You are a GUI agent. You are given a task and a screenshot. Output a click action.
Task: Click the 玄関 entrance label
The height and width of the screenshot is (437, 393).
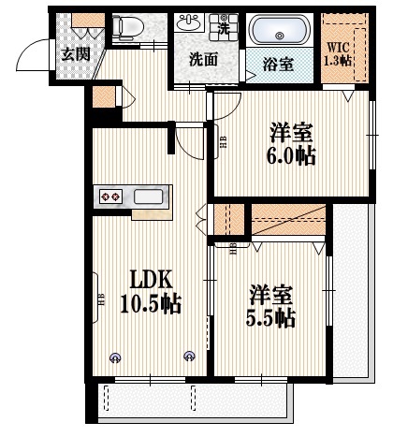pyautogui.click(x=76, y=52)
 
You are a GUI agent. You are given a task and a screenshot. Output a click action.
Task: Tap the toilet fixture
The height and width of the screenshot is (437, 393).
pyautogui.click(x=126, y=27)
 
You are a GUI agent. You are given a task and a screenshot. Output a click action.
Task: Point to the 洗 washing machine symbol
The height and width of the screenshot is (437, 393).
pyautogui.click(x=224, y=28)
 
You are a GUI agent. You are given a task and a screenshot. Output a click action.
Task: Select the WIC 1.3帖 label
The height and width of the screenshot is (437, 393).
pyautogui.click(x=339, y=52)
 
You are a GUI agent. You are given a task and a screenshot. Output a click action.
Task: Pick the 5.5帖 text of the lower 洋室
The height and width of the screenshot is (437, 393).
pyautogui.click(x=272, y=317)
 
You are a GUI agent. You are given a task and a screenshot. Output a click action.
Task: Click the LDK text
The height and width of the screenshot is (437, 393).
pyautogui.click(x=148, y=280)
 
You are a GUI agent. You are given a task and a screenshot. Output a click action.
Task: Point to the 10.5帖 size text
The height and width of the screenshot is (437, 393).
pyautogui.click(x=150, y=304)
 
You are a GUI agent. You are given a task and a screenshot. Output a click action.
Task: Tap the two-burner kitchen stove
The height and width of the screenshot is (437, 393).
pyautogui.click(x=111, y=197)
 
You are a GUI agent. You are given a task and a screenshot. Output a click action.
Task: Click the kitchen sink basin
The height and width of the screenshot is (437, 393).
pyautogui.click(x=150, y=197)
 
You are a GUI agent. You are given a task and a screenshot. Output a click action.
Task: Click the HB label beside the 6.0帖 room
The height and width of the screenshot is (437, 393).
pyautogui.click(x=223, y=143)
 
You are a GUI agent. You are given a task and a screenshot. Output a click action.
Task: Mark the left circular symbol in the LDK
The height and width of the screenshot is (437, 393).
pyautogui.click(x=115, y=356)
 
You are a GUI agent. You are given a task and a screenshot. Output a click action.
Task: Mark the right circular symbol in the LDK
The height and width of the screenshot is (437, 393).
pyautogui.click(x=190, y=356)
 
